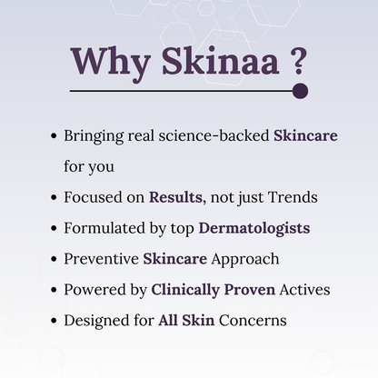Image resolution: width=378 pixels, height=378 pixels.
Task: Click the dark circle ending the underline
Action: pos(301,91)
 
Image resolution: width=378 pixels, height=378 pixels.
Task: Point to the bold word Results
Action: pos(176,196)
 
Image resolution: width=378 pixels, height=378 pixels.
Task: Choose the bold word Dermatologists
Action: pos(254,227)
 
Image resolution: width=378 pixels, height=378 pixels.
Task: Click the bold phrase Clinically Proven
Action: pos(207,289)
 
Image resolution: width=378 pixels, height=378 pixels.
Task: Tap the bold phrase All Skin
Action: pos(180,320)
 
